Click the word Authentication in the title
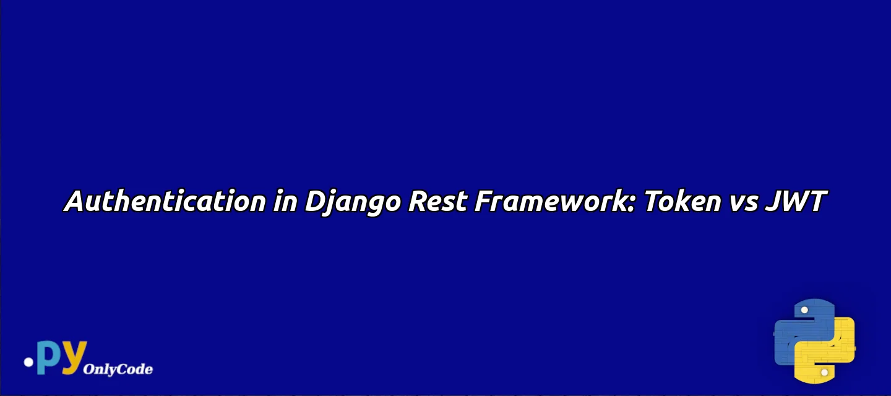click(x=165, y=200)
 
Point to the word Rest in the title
click(x=437, y=201)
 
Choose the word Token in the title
click(x=682, y=200)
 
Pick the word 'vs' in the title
click(x=744, y=204)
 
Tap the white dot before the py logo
click(x=28, y=362)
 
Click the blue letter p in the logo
click(x=49, y=356)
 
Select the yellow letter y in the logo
click(x=74, y=358)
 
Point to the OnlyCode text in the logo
click(x=118, y=369)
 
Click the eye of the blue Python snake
click(x=804, y=310)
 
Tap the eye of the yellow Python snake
click(x=825, y=372)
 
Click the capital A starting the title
click(x=75, y=201)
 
